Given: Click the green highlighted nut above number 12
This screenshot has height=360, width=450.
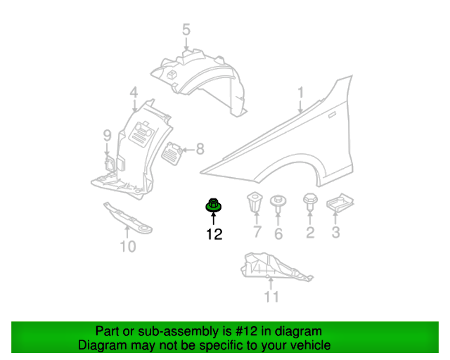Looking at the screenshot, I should pos(213,205).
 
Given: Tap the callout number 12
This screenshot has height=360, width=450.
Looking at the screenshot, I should pos(215,234).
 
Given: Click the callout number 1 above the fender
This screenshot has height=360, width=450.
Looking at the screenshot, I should pos(300,93).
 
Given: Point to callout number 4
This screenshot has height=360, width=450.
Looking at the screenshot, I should pos(134,93).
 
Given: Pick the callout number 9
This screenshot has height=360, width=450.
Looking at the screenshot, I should pos(107,135).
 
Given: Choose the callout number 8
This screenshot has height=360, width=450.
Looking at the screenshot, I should pos(200,148).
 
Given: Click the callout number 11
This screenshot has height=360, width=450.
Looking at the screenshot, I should pos(271,297).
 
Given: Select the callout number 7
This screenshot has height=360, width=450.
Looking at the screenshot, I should pos(257,232).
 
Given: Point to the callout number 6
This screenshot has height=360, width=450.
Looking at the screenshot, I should pos(278,234).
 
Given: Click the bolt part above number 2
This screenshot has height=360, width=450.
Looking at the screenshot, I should pos(310,201).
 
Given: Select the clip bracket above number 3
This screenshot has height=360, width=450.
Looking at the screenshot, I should pos(340,202).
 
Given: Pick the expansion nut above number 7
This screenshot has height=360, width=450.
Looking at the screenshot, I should pos(254,203).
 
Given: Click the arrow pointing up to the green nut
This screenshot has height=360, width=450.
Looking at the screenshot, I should pos(213,218).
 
